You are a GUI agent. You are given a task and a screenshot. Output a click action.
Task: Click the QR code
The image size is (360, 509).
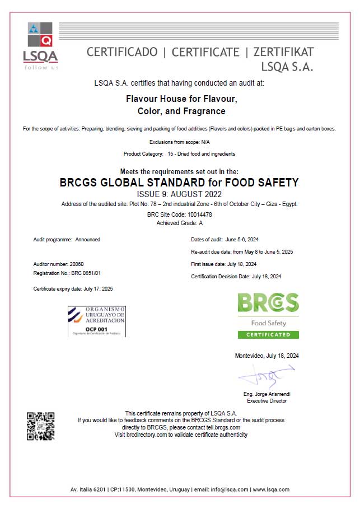coord(41,426)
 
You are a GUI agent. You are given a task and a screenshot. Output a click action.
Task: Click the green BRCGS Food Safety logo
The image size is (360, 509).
coord(268,315)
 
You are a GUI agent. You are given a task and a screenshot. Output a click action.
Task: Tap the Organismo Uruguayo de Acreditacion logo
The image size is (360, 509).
coord(96,321)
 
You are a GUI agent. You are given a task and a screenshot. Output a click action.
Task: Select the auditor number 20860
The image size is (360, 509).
coord(77,263)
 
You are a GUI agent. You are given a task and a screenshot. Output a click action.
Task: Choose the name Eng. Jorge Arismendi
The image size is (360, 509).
coord(267,394)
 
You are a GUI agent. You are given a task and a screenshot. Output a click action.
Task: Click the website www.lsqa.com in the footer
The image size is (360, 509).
coord(271,489)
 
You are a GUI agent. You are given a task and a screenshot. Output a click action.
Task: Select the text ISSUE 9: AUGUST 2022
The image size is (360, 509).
coord(179,194)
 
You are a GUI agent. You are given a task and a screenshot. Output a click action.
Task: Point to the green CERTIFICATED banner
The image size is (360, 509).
coord(268,335)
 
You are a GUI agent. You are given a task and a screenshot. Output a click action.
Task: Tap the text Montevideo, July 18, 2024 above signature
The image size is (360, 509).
coord(267,356)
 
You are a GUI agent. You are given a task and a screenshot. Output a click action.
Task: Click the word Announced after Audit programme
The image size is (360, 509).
coord(88,239)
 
